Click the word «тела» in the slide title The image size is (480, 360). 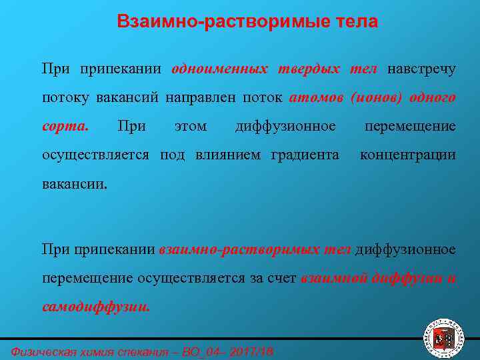coord(354,22)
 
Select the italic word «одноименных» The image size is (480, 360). coord(220,69)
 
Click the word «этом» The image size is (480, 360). coord(190,126)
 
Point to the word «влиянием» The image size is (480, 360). coord(231,155)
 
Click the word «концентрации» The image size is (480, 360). coord(408,155)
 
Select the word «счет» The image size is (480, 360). coord(283,279)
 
